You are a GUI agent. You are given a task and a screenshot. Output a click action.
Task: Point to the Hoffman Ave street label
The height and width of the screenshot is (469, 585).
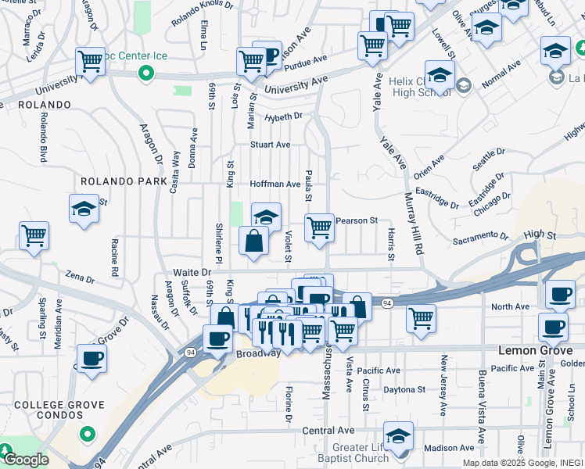point(275,184)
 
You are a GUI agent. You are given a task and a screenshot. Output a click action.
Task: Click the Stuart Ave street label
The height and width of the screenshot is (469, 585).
point(270,145)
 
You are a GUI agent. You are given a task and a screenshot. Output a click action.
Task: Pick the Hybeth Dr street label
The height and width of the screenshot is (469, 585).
point(282,116)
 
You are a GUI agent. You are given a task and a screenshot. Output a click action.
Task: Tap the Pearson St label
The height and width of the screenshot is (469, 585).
point(357,221)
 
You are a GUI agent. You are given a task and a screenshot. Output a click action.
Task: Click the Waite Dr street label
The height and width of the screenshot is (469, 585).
point(192,272)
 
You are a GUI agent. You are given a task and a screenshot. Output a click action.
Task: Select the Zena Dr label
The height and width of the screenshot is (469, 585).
point(80,277)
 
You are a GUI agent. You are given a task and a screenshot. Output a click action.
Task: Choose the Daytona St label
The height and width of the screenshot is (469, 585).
point(404,388)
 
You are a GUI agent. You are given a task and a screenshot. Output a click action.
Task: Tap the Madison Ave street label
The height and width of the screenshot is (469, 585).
point(448,448)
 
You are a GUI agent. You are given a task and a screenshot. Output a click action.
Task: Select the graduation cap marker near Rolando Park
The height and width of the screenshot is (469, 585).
point(84,209)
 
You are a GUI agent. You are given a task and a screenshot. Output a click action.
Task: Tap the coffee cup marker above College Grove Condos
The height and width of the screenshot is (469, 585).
point(91,359)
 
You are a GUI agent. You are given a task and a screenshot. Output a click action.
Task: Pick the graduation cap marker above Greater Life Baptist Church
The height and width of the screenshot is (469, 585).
point(398,435)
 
